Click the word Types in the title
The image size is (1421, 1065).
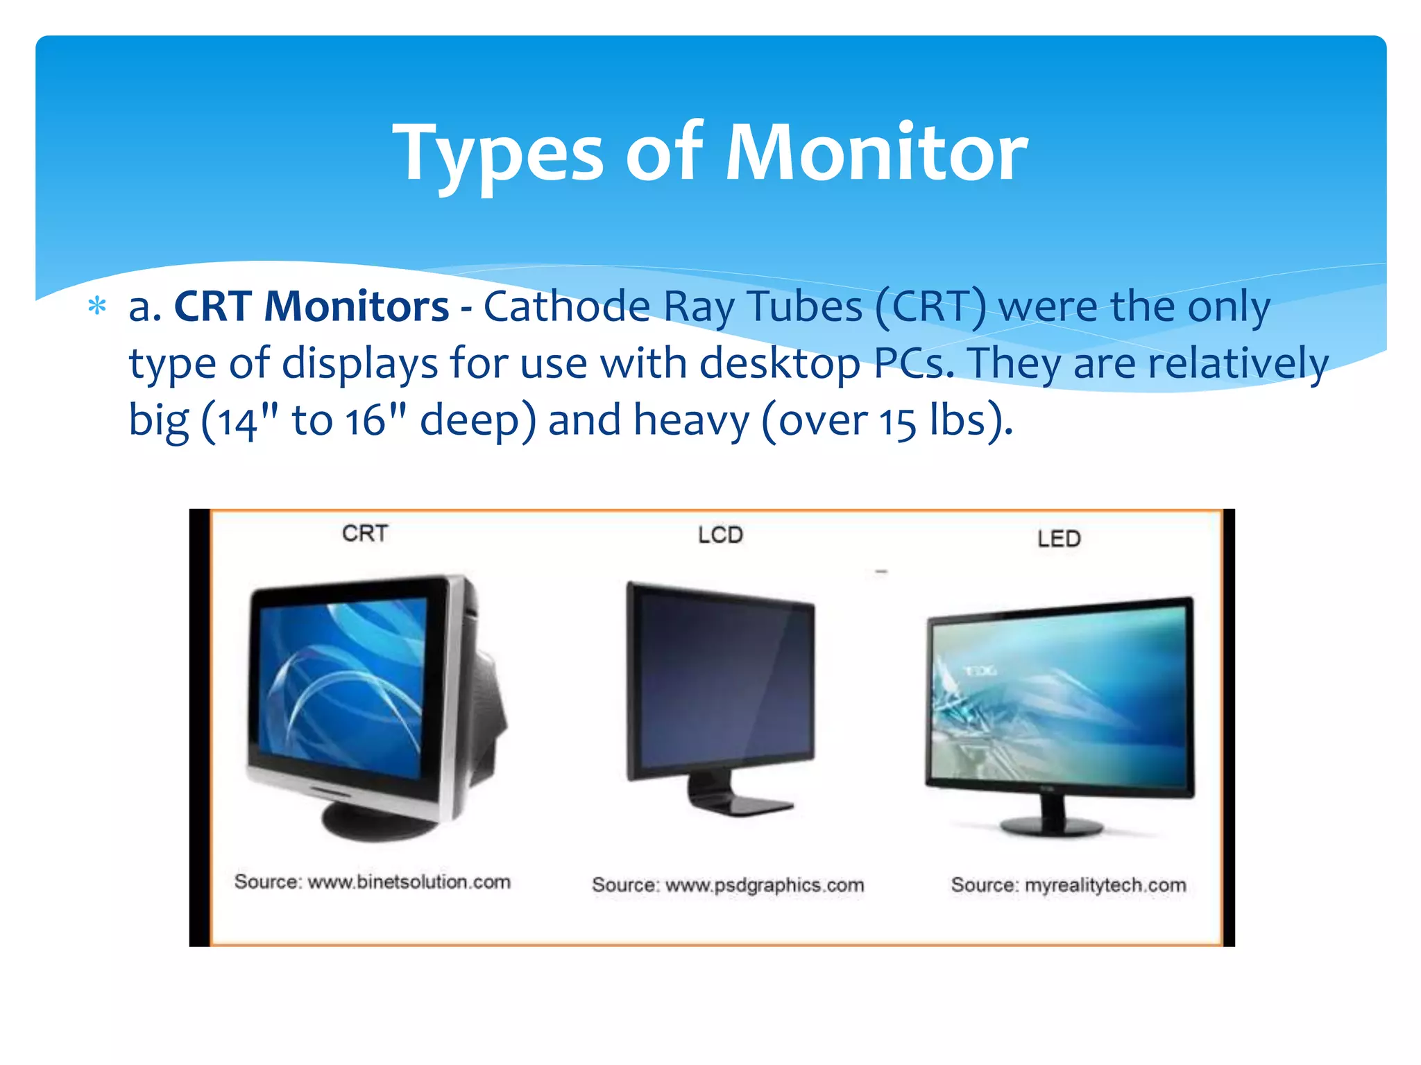coord(498,154)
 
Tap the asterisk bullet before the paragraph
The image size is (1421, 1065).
coord(97,306)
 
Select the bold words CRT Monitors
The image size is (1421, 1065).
coord(312,306)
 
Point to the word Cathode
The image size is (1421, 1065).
coord(566,306)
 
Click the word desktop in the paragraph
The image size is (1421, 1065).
coord(779,363)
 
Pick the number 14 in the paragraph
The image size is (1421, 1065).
coord(238,422)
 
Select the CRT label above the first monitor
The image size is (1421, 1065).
coord(365,533)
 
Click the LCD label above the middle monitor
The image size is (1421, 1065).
coord(720,535)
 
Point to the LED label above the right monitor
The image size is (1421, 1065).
coord(1059,539)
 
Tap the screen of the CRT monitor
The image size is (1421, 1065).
coord(343,686)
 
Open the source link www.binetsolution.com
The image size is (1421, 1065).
coord(409,882)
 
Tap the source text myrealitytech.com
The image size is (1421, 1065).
coord(1105,885)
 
